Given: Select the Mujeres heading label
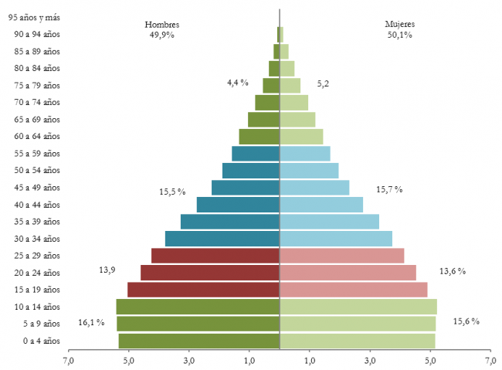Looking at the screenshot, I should (x=400, y=24).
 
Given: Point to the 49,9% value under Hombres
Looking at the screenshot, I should (x=162, y=34).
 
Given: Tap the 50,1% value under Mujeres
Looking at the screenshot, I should (x=400, y=34).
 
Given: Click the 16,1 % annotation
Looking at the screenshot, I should (x=91, y=322).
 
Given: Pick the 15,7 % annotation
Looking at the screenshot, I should (x=389, y=189).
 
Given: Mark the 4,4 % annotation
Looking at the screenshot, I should (x=237, y=82).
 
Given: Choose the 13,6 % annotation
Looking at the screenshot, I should (x=453, y=271).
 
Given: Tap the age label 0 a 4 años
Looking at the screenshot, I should (x=40, y=341).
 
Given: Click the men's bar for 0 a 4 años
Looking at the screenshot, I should (x=198, y=341).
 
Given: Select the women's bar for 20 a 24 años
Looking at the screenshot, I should (x=348, y=273).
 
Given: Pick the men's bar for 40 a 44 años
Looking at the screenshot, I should (x=237, y=205).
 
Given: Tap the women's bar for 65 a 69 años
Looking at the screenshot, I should (x=297, y=120).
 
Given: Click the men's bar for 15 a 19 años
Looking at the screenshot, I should (x=203, y=290).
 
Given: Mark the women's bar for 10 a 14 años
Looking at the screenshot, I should (x=358, y=307).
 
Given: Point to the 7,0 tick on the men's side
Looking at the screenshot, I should (x=69, y=360).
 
